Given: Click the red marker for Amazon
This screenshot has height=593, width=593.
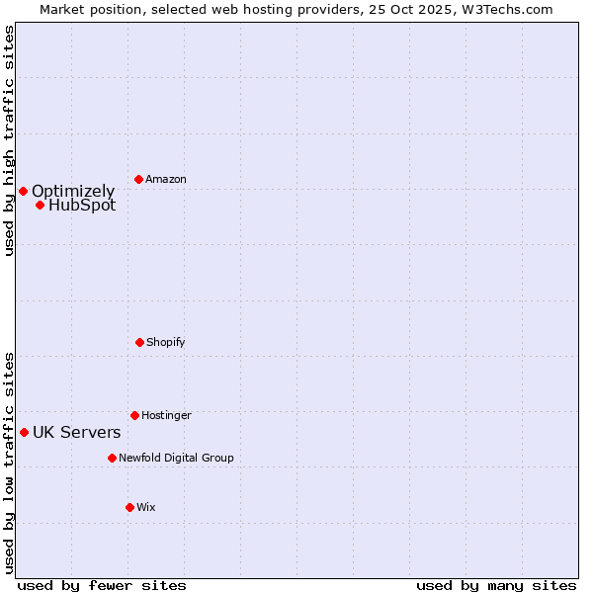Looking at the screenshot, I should (x=138, y=179).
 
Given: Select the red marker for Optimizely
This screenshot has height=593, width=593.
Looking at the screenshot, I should (x=23, y=191).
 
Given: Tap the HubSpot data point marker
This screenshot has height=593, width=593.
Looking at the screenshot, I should (x=40, y=205).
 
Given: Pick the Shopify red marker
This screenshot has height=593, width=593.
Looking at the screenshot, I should (x=139, y=342).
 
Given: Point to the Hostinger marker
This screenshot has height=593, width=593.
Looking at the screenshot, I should (x=134, y=415).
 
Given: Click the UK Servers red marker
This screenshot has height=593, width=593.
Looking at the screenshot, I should (x=24, y=432).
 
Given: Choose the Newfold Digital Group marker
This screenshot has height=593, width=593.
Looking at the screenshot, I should (x=112, y=458).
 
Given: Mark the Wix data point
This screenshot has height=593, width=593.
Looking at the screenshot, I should (x=129, y=507).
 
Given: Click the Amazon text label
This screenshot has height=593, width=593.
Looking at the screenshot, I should (x=166, y=179).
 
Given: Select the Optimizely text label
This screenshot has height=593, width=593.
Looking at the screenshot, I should (x=73, y=191).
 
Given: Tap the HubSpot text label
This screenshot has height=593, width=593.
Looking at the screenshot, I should (x=82, y=205).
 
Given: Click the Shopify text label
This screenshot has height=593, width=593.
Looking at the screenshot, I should (x=166, y=342).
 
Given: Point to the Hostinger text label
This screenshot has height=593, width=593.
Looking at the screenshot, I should (x=166, y=415).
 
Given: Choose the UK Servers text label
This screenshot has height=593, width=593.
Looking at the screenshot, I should (x=77, y=432).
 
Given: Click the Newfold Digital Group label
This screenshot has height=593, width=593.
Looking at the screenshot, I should (x=176, y=458).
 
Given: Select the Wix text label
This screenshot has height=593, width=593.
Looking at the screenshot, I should (x=146, y=507).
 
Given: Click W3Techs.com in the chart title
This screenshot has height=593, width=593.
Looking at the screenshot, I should (x=508, y=9).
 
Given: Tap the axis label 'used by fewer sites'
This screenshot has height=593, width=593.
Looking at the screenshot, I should (x=102, y=585).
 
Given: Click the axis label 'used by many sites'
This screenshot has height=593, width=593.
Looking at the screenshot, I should (x=496, y=585).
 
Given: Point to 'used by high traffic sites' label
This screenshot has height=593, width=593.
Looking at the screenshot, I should (x=9, y=140).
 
